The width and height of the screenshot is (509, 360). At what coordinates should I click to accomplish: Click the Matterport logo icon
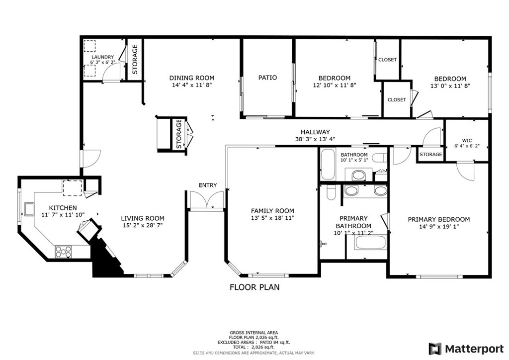pyautogui.click(x=435, y=349)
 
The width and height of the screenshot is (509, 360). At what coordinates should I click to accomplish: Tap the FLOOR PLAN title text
pyautogui.click(x=254, y=287)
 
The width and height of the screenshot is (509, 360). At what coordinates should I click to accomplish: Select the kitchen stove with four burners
pyautogui.click(x=64, y=251)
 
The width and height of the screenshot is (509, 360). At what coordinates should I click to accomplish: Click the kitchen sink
pyautogui.click(x=28, y=209)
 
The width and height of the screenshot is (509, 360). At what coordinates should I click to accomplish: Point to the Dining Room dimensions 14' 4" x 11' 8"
pyautogui.click(x=192, y=85)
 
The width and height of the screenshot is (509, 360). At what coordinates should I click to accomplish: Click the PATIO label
pyautogui.click(x=268, y=78)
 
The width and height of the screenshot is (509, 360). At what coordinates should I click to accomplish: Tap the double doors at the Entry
pyautogui.click(x=207, y=199)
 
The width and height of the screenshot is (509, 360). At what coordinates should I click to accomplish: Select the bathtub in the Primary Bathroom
pyautogui.click(x=370, y=243)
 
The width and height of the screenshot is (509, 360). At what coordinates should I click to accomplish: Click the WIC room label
pyautogui.click(x=467, y=141)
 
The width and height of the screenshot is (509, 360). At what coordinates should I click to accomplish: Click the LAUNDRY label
pyautogui.click(x=102, y=57)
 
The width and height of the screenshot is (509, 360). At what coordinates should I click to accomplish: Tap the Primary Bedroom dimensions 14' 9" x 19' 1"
pyautogui.click(x=439, y=227)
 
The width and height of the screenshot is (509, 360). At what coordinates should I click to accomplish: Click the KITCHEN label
pyautogui.click(x=63, y=208)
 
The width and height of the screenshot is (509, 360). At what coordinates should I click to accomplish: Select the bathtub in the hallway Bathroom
pyautogui.click(x=328, y=164)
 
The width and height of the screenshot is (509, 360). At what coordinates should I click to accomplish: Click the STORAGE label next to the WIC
pyautogui.click(x=431, y=155)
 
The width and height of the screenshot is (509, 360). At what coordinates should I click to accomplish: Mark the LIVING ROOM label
pyautogui.click(x=143, y=218)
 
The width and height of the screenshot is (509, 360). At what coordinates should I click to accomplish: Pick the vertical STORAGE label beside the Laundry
pyautogui.click(x=135, y=59)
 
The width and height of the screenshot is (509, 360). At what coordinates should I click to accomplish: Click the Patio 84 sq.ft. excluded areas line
pyautogui.click(x=254, y=342)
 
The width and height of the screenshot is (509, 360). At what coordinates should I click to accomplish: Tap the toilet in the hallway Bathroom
pyautogui.click(x=379, y=158)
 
